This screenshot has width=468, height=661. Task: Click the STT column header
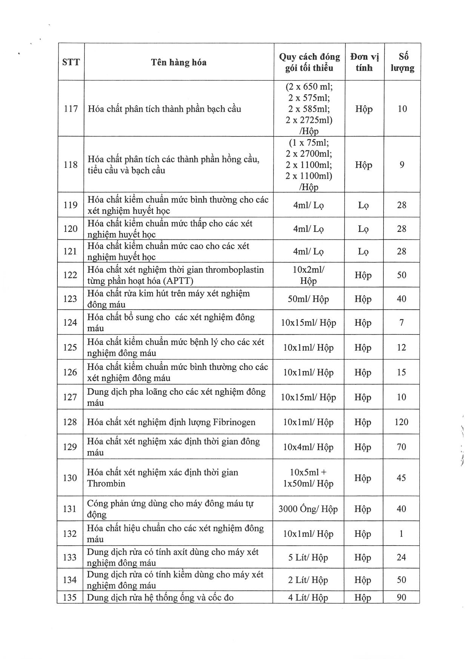(71, 62)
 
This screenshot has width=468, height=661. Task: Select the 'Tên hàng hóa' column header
(179, 62)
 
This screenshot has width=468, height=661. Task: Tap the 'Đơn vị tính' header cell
(364, 62)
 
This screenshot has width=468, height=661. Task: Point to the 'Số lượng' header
(402, 62)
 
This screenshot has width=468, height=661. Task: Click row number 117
(71, 109)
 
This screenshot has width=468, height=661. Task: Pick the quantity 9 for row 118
(402, 165)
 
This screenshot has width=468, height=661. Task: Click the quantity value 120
(401, 422)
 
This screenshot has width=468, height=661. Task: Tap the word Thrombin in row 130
(106, 484)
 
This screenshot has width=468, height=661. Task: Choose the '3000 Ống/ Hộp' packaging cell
(308, 509)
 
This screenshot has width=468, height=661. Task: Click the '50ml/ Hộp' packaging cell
(308, 299)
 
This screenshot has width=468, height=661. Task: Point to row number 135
(70, 598)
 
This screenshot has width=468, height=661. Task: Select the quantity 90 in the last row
(401, 598)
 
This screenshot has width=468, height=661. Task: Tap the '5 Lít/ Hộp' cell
(308, 558)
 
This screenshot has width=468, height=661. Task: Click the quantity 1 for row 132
(401, 534)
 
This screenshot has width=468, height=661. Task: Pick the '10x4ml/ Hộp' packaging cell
(308, 447)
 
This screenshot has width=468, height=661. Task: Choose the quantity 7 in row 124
(402, 323)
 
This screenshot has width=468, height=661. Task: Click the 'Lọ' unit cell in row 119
(363, 206)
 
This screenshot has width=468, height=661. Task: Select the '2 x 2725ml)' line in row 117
(309, 120)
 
